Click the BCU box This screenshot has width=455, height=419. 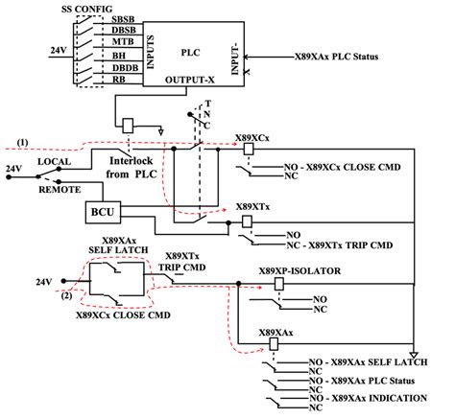point(101,210)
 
